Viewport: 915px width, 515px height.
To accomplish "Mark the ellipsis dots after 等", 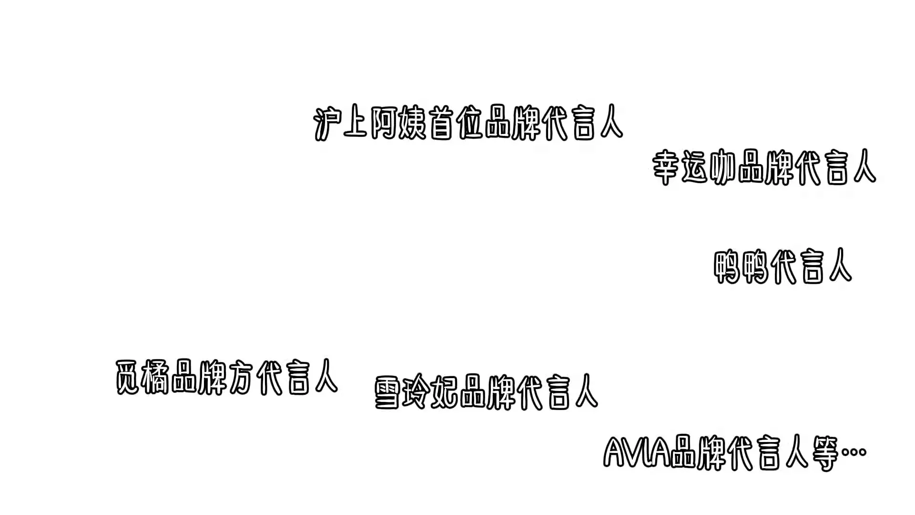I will pos(854,452).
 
